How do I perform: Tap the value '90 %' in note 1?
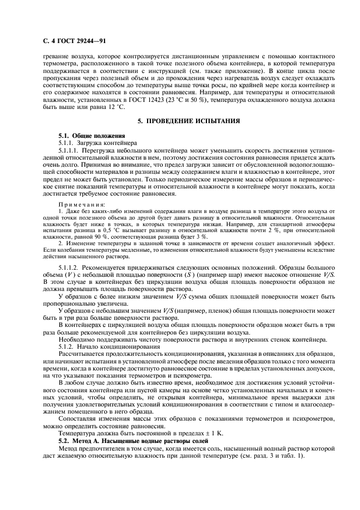[118, 238]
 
